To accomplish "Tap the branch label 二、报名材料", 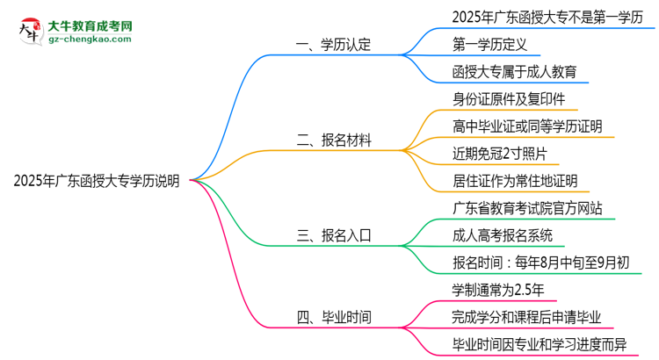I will [x=334, y=139].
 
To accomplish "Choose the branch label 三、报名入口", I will [x=334, y=235].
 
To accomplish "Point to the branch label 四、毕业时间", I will [x=334, y=316].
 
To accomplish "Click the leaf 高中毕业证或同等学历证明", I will [x=527, y=126].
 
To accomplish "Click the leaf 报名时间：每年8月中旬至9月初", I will [x=539, y=263].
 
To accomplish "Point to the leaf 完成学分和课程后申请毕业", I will [x=526, y=317].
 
